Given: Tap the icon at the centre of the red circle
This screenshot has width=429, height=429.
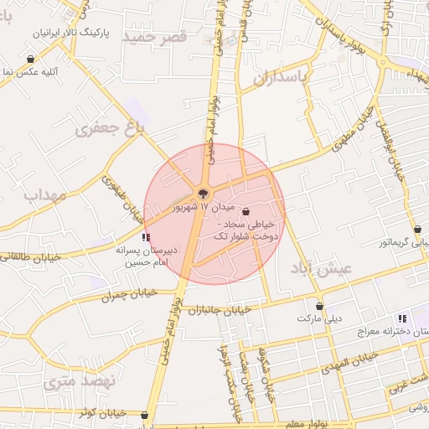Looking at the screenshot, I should pos(201,194).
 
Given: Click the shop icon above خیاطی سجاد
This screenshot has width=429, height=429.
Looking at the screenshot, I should pos(246,212).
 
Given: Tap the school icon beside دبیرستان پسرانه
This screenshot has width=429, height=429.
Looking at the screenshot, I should pos(147,238).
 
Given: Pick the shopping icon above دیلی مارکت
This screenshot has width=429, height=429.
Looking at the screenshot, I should pos(318,306).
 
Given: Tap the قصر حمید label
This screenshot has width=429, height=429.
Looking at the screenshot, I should pos(152,37).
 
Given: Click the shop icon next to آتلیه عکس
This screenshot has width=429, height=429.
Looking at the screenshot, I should pos(31,59).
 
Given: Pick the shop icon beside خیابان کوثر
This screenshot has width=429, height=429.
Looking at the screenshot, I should pos(146,414).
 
